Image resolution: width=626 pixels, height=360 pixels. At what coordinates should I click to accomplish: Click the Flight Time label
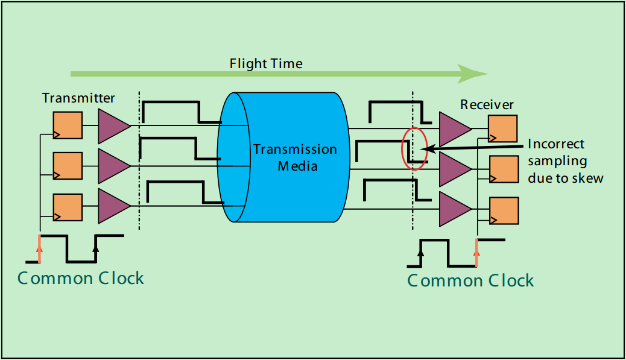point(266,63)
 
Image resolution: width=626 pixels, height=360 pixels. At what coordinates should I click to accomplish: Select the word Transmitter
point(78,98)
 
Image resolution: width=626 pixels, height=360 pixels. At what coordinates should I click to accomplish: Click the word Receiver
point(487,105)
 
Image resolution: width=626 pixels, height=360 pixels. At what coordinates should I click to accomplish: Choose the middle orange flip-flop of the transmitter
point(67,166)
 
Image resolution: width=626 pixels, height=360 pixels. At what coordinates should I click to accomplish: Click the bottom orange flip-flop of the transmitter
point(67,206)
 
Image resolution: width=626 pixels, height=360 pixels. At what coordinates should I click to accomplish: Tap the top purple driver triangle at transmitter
point(112,125)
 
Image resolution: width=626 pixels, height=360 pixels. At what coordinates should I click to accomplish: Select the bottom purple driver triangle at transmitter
point(112,206)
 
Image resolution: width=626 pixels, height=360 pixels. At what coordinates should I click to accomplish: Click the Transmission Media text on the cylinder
point(294,157)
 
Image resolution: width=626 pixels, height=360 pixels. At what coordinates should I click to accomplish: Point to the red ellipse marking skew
point(414,148)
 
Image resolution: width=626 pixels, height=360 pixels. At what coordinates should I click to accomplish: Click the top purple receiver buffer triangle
point(454,128)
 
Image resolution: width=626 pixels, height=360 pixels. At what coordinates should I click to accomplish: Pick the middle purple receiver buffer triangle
point(454,168)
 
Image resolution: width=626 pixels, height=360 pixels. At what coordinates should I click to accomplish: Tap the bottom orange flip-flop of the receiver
point(503,210)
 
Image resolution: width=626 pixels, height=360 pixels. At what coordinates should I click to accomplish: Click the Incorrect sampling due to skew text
point(564,161)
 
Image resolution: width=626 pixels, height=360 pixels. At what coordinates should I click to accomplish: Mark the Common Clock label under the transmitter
point(81,278)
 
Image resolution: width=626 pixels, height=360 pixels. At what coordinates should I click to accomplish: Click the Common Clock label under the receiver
point(470,280)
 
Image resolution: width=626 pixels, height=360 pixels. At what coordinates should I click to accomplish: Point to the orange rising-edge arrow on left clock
point(40,249)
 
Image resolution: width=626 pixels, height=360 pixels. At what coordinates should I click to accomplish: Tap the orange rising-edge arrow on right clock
point(476,253)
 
